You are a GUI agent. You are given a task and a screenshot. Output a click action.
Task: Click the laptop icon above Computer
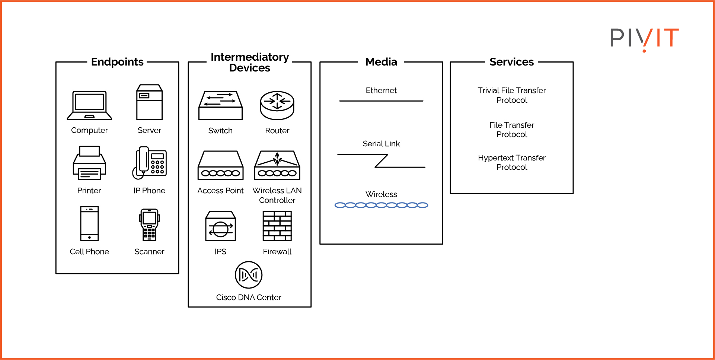pos(89,105)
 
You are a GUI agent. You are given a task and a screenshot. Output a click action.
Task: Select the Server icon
pos(149,102)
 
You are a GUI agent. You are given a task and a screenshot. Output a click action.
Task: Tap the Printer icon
pos(89,163)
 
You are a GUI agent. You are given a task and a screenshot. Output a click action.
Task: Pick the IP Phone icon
pos(150,163)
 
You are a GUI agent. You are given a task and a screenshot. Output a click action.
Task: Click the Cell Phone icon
pos(89,223)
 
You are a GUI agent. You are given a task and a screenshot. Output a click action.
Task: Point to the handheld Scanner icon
pos(149,224)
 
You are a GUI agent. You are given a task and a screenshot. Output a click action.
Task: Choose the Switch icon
pos(220,105)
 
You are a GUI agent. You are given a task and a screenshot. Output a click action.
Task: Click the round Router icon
pos(277,105)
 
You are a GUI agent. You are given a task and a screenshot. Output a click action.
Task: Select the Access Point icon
pos(220,165)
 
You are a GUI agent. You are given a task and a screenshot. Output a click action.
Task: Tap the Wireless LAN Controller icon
pos(277,165)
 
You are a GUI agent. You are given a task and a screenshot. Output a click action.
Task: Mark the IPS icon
pos(220,226)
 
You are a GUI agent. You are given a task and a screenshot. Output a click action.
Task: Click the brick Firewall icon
pos(277,226)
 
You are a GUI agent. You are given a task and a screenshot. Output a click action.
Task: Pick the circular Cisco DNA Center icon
pos(249,275)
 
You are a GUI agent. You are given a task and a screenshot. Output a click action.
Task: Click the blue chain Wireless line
pos(381,205)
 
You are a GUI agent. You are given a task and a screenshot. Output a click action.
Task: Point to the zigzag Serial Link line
pos(381,161)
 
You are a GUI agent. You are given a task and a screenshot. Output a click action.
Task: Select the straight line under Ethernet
pos(381,101)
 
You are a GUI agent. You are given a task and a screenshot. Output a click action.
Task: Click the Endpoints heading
pos(117,62)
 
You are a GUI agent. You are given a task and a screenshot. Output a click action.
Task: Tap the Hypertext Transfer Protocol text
pos(512,162)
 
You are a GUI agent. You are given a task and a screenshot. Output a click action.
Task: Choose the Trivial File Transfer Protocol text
pos(512,95)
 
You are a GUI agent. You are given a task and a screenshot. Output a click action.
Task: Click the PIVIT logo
pos(644,38)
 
